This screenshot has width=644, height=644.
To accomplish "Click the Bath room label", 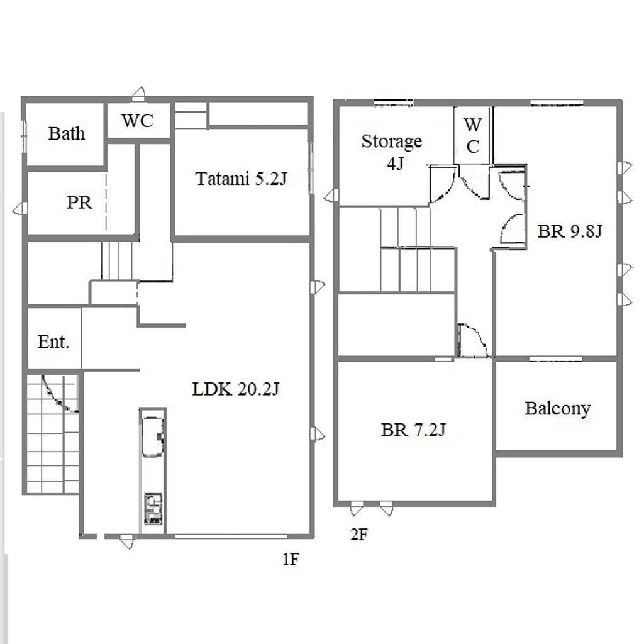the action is point(67,133).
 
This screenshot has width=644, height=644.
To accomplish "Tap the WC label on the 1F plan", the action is point(137,120).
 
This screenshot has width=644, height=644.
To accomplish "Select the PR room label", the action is point(80,202).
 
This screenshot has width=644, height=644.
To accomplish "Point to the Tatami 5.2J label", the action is point(241,179).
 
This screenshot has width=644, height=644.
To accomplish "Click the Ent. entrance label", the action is point(53,341).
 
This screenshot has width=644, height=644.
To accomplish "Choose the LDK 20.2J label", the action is point(236,389).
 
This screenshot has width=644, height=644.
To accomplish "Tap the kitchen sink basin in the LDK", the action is point(153,436).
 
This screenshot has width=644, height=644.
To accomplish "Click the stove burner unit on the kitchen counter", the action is point(153,508).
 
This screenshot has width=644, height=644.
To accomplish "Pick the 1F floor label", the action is point(291,559).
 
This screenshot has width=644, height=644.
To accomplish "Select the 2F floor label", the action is point(359,535).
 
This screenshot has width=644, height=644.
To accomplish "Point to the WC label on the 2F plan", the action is point(473,136).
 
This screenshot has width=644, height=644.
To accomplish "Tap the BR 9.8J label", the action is point(570,231).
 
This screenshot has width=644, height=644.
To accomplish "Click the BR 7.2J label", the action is point(413,430).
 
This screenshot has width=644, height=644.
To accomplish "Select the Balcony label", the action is point(558,408).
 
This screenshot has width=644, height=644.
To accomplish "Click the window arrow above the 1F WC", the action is point(139,94).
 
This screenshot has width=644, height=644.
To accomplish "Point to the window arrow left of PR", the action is point(19,209).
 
